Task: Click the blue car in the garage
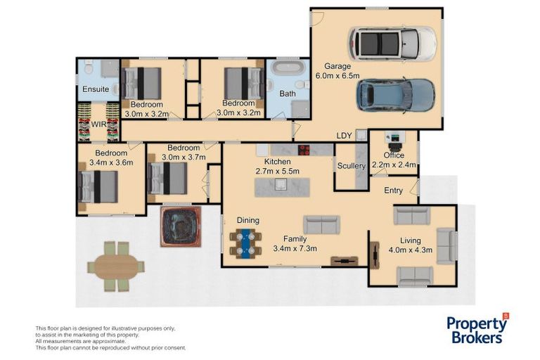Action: tap(395, 96)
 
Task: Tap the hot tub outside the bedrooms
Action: tap(181, 226)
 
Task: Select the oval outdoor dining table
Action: tap(116, 266)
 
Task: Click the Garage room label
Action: tap(337, 66)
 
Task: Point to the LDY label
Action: tap(344, 136)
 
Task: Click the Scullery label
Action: tap(352, 166)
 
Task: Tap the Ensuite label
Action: tap(96, 89)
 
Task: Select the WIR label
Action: tap(98, 124)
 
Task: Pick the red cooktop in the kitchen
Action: tap(304, 150)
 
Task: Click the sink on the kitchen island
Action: tap(281, 185)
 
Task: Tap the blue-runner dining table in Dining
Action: tap(246, 243)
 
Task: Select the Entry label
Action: tap(393, 191)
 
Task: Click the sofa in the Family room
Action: tap(321, 224)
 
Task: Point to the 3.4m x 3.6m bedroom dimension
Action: tap(111, 162)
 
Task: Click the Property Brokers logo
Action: tap(477, 329)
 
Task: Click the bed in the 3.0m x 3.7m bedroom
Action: tap(167, 178)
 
